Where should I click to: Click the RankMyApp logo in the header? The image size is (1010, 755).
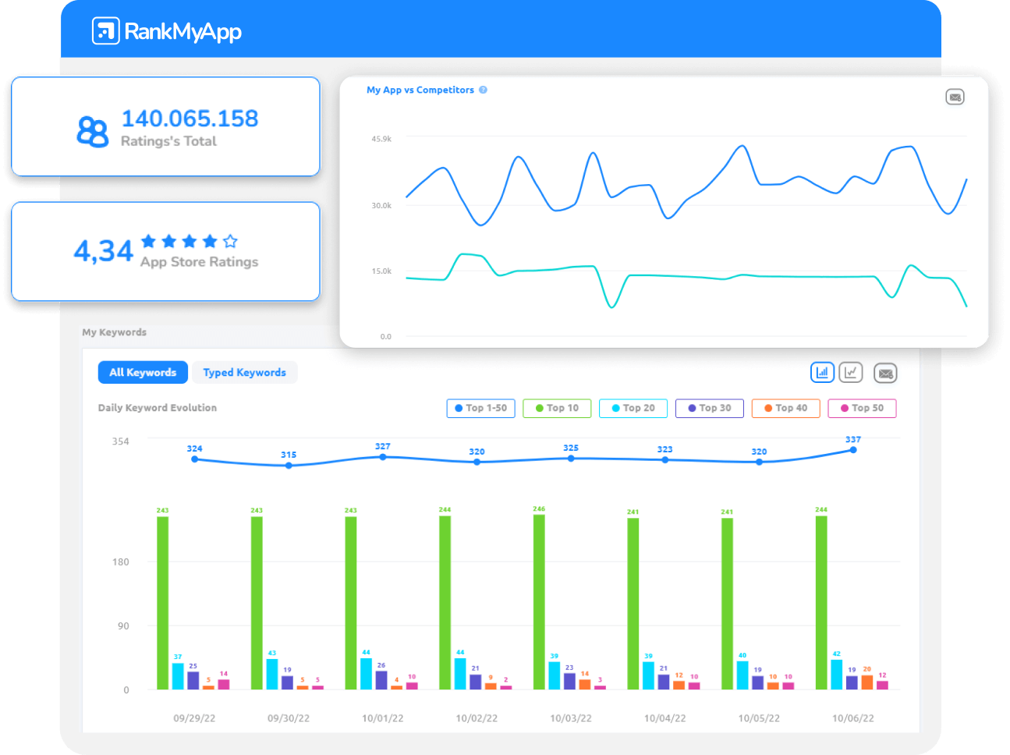pyautogui.click(x=166, y=31)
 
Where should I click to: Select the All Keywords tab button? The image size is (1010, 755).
pyautogui.click(x=143, y=373)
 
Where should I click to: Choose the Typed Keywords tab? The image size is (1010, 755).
pyautogui.click(x=244, y=373)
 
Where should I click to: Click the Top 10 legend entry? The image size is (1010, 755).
pyautogui.click(x=557, y=408)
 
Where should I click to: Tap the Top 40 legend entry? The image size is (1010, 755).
pyautogui.click(x=785, y=408)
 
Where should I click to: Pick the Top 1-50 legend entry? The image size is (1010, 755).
pyautogui.click(x=480, y=408)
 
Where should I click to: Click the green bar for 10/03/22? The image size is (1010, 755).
pyautogui.click(x=539, y=601)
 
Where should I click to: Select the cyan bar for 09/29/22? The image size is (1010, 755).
pyautogui.click(x=178, y=676)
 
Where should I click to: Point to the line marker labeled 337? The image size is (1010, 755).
pyautogui.click(x=853, y=450)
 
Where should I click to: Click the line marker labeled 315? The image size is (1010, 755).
pyautogui.click(x=289, y=466)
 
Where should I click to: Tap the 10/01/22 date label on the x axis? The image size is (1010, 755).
pyautogui.click(x=382, y=718)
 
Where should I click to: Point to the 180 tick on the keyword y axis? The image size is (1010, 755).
pyautogui.click(x=121, y=562)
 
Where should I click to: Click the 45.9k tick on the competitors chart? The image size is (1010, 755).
pyautogui.click(x=381, y=139)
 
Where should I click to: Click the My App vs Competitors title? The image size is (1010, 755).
pyautogui.click(x=420, y=90)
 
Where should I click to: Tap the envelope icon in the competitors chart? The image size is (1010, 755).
pyautogui.click(x=955, y=97)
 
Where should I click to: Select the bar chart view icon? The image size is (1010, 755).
pyautogui.click(x=822, y=373)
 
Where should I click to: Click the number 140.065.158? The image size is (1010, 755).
pyautogui.click(x=190, y=119)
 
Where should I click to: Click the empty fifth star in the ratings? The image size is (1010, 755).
pyautogui.click(x=230, y=241)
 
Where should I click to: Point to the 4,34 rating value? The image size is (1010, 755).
pyautogui.click(x=104, y=251)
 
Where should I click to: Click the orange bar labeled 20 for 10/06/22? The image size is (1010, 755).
pyautogui.click(x=867, y=682)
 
